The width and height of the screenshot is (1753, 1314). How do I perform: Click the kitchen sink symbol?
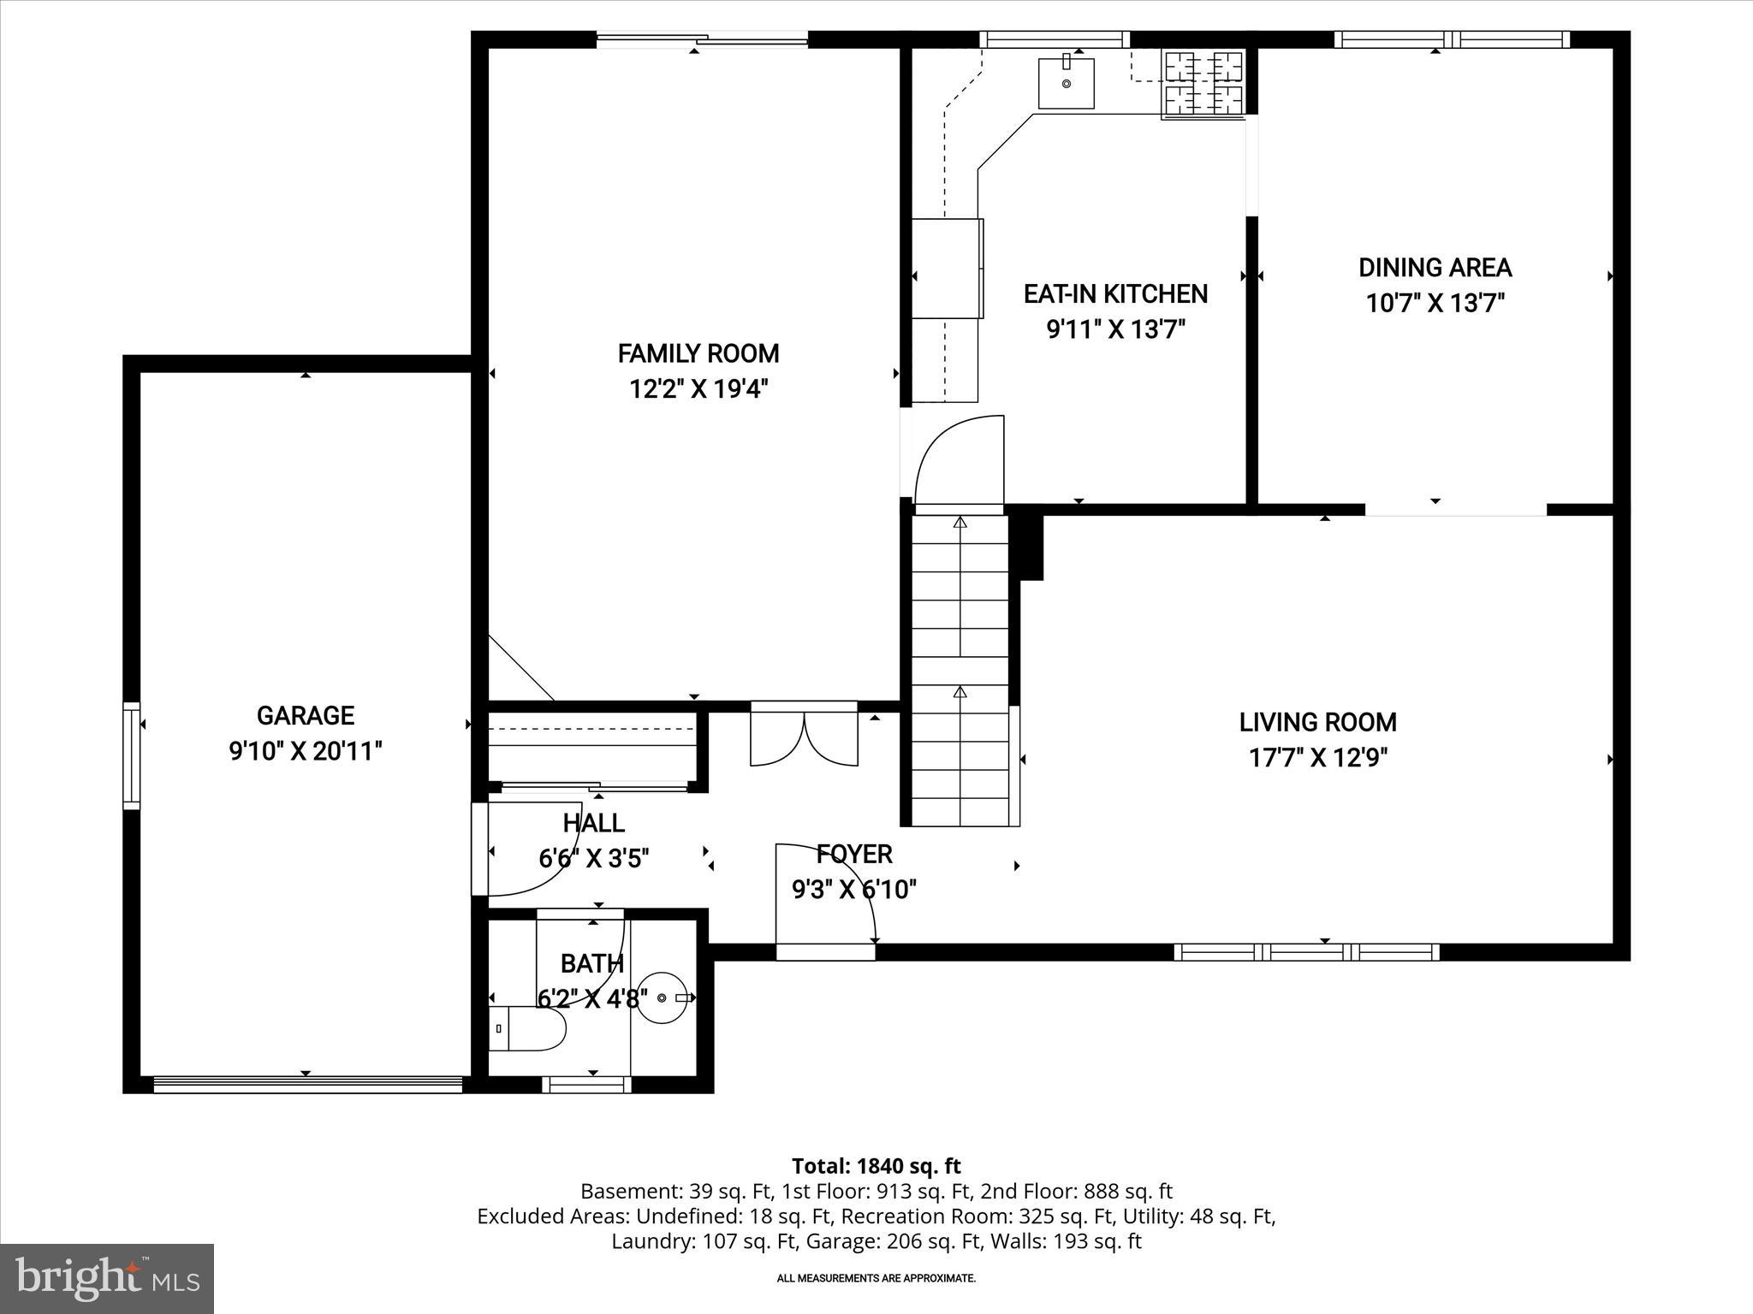tap(1066, 83)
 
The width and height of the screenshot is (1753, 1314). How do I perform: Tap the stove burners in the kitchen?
tap(1203, 83)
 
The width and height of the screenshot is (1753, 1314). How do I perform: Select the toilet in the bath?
tap(529, 1028)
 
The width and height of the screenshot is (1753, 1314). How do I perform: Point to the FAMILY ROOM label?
tap(698, 353)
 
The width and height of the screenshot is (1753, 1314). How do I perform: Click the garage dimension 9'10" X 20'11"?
tap(305, 752)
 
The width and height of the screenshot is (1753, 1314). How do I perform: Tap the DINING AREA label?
tap(1435, 268)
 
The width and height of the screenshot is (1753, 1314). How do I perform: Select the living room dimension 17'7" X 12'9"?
tap(1317, 758)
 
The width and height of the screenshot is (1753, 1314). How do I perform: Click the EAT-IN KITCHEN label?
tap(1115, 294)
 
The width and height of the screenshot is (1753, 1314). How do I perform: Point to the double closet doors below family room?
tap(804, 736)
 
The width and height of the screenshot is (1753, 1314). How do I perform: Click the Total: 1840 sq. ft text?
tap(876, 1166)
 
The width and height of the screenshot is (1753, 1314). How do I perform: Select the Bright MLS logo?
tap(107, 1278)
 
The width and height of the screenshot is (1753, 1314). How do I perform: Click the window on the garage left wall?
tap(131, 755)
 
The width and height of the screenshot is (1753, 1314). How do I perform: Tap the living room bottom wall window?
tap(1306, 952)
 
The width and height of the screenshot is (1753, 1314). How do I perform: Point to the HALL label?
tap(593, 823)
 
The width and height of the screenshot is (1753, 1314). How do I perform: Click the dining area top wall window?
tap(1452, 39)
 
